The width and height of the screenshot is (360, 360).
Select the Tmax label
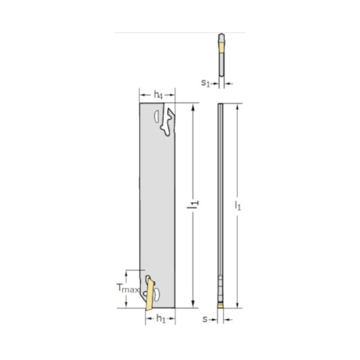[x=129, y=290]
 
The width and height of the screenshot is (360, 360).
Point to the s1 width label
[x=206, y=81]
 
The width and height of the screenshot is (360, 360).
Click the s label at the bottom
[x=206, y=319]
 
